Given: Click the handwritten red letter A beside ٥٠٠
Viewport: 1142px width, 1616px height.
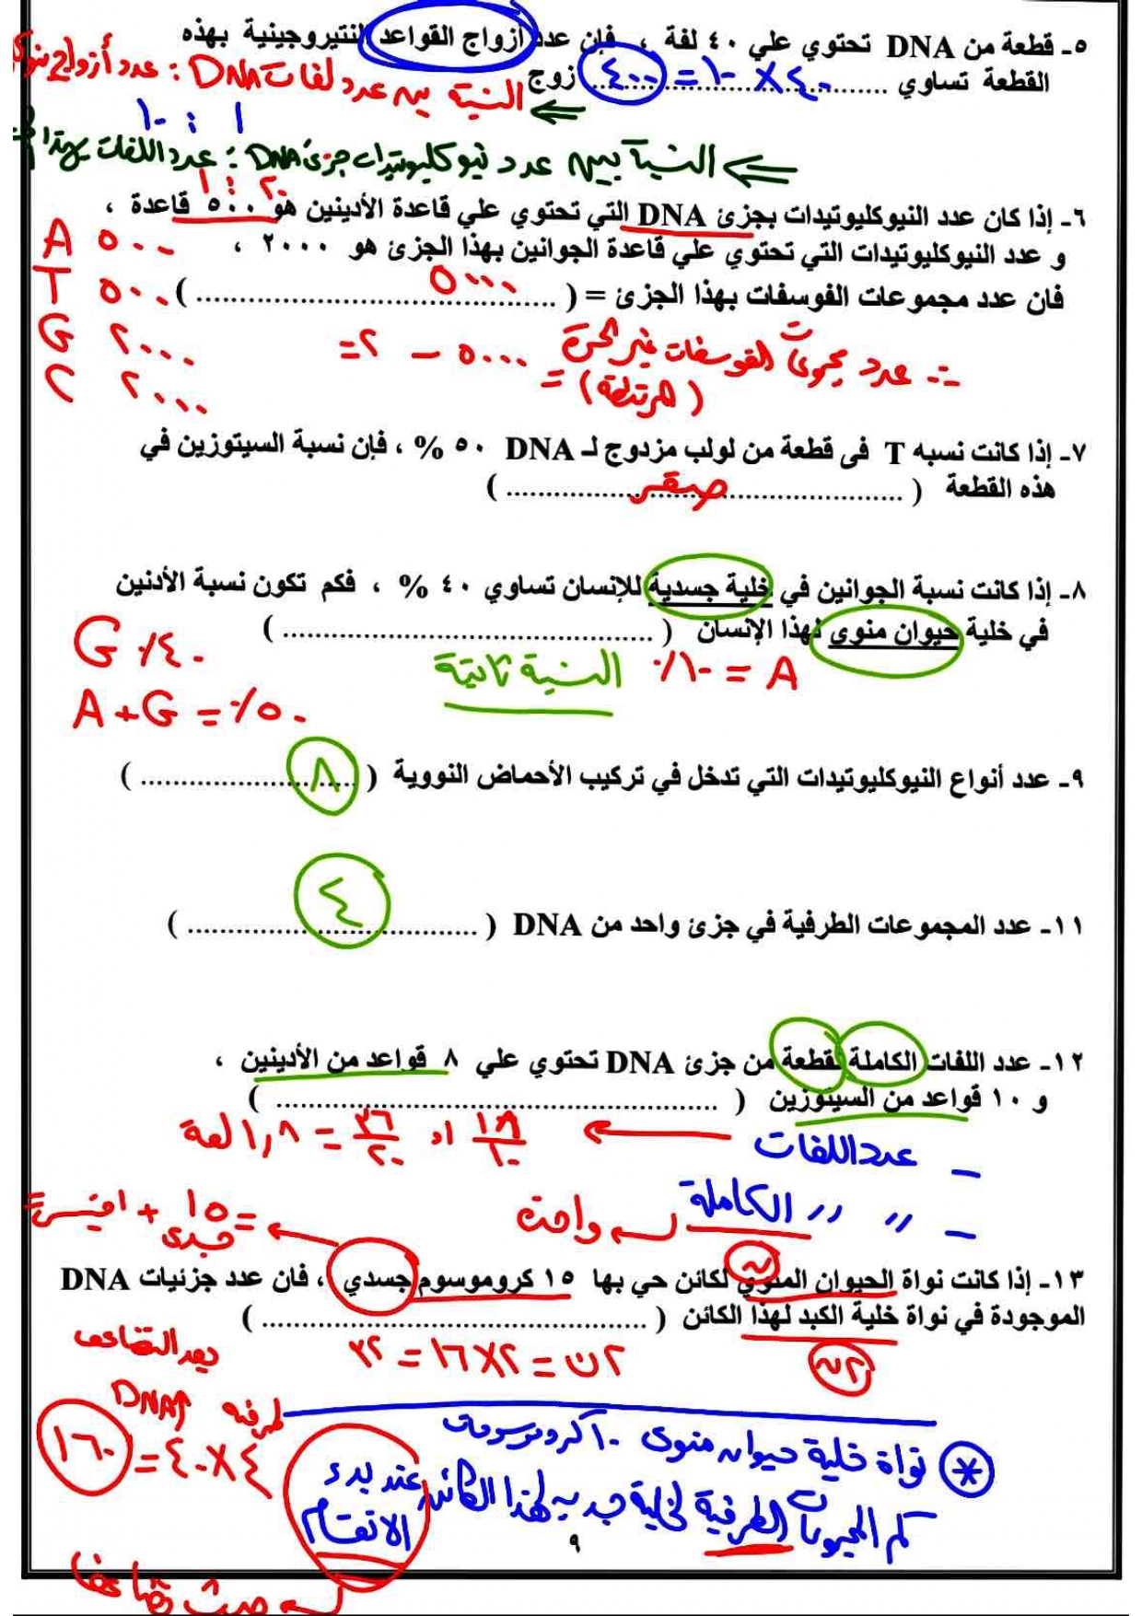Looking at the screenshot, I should click(58, 241).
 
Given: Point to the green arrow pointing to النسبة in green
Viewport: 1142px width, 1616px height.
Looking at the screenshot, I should click(760, 169).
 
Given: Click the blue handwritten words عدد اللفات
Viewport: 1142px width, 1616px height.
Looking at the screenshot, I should click(834, 1149).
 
